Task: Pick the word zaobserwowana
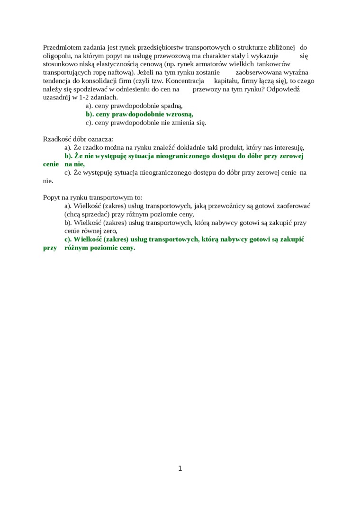point(258,73)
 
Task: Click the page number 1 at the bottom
point(180,469)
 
